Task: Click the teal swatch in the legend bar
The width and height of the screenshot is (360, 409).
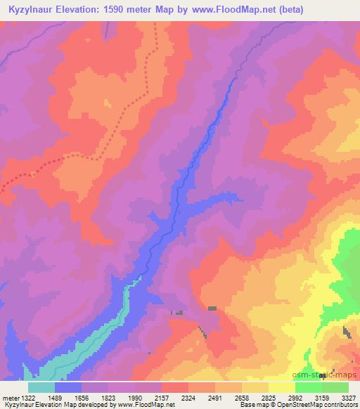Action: coord(41,387)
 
